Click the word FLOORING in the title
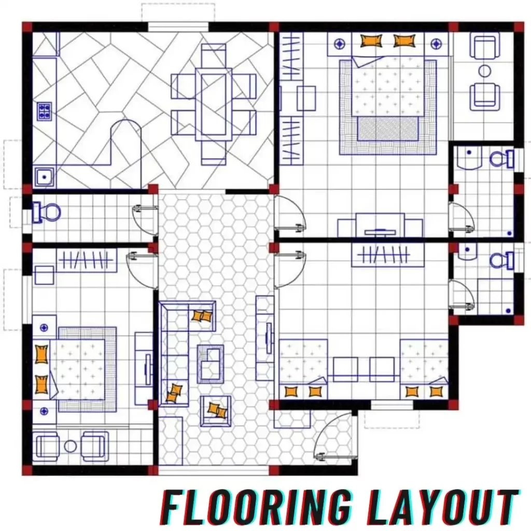coord(256,508)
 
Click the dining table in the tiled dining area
coord(213,104)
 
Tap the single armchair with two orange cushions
coord(216,411)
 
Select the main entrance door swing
coord(336,435)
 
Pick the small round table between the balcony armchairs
coord(485,71)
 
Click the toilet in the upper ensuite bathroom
coord(501,159)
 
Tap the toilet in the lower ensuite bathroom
coord(501,261)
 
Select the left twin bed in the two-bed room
coord(303,369)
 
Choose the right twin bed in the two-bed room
coord(424,369)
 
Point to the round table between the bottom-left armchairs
coord(71,446)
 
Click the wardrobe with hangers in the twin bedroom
coord(388,255)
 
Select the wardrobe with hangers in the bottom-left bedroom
coord(87,260)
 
